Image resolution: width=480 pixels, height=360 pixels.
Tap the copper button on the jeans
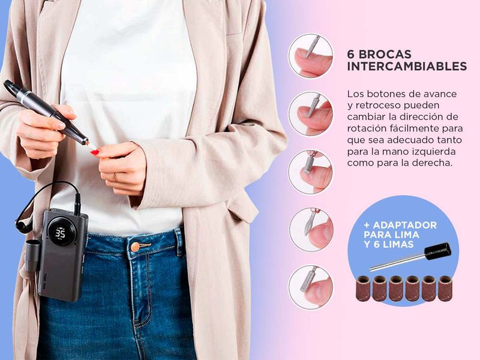coord(135,247)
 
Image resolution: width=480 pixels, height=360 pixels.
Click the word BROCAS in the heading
coord(385,54)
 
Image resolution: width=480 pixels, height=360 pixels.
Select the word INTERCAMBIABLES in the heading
coord(407,67)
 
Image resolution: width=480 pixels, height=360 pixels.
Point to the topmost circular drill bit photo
coord(311,56)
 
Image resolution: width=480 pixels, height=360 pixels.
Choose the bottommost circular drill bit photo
coord(311,287)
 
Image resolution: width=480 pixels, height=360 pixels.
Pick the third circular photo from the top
coord(311,172)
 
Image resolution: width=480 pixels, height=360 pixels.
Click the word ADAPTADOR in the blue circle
coord(404,225)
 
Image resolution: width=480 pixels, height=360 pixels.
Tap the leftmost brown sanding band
coord(364,288)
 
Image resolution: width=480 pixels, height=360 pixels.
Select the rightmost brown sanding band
coord(445,289)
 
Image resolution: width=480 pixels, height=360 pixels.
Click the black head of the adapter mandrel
coord(438,251)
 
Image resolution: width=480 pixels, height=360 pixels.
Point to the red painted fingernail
coord(95,152)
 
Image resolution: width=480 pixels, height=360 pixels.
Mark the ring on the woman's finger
coord(115,177)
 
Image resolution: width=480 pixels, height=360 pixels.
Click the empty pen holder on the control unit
coord(33,256)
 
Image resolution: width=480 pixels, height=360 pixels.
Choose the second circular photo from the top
coord(311,114)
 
